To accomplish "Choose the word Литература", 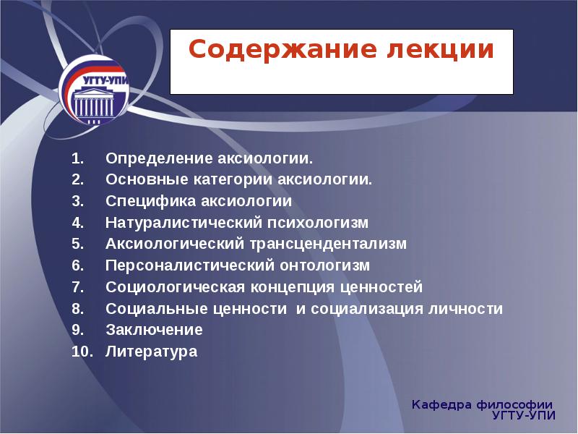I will click(x=151, y=352).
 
